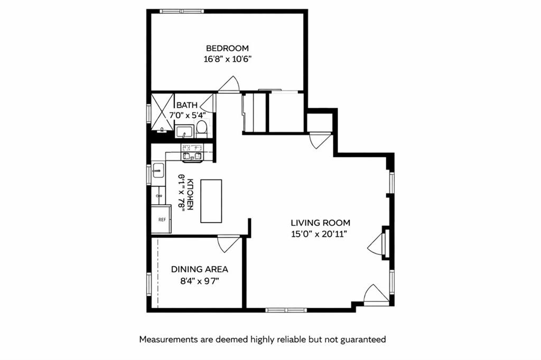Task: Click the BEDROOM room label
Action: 227,48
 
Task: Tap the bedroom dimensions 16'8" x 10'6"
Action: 227,59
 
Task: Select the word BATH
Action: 187,105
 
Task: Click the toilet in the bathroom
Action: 201,128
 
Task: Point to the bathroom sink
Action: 184,130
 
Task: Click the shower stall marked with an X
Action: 163,112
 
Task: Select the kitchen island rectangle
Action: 211,201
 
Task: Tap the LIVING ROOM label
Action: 320,223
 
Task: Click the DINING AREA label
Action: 200,269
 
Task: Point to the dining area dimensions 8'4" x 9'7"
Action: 200,281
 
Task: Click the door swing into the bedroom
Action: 230,84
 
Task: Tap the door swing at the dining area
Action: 229,244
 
